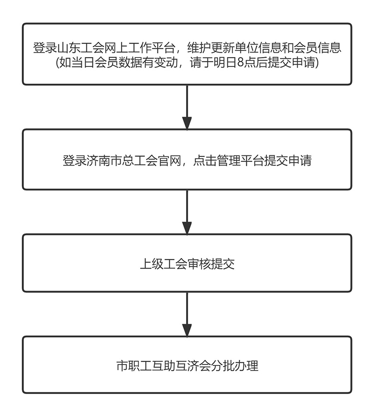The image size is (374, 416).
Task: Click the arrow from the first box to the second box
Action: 187,107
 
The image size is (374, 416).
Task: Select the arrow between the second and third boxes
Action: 187,212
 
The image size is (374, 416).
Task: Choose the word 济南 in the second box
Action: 96,161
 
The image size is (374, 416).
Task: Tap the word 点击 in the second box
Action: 204,161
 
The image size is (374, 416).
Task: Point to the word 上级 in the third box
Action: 151,264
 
